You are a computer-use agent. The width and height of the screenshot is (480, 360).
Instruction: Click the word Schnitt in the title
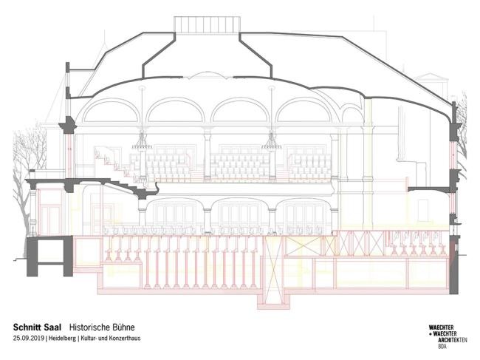(27, 327)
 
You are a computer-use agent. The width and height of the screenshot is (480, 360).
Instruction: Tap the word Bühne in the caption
(123, 327)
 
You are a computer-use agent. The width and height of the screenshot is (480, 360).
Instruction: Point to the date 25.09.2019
(29, 339)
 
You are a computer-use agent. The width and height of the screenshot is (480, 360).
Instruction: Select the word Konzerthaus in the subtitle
(126, 339)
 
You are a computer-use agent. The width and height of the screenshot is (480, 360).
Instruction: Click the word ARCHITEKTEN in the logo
(453, 340)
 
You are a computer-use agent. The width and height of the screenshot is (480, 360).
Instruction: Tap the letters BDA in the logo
(442, 347)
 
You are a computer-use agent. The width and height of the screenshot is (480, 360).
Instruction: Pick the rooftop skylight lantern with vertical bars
(207, 24)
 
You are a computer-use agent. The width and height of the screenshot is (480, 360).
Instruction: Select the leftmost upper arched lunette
(111, 111)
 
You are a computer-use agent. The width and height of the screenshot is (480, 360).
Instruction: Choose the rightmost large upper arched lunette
(304, 111)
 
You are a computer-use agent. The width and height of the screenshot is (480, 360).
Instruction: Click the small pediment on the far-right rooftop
(432, 77)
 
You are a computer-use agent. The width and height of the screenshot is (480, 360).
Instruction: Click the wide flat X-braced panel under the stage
(304, 245)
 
